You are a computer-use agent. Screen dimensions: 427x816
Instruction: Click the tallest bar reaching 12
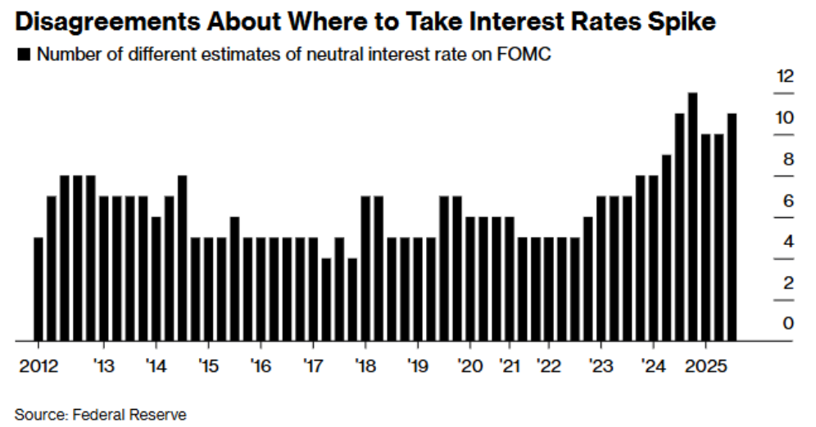(x=692, y=216)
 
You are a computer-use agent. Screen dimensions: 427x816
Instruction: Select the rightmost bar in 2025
(x=732, y=227)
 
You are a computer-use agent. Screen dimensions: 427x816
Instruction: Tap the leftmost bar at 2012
(x=38, y=288)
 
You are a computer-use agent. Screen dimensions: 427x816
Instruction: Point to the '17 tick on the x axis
(x=312, y=365)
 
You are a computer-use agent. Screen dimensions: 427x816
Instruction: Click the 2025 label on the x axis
(x=702, y=365)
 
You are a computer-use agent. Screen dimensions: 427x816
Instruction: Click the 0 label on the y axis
(x=788, y=324)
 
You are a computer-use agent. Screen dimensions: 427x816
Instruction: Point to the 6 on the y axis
(x=788, y=201)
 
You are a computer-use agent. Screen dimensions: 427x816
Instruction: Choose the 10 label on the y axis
(x=785, y=118)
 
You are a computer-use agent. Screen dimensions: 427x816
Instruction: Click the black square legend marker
(x=23, y=55)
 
